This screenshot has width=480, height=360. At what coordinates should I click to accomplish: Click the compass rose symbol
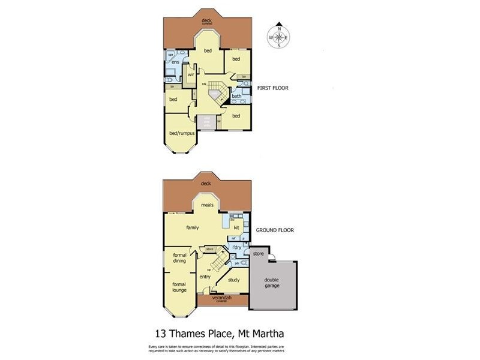coord(279,37)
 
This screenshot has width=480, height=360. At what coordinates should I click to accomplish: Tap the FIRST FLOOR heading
coord(272,88)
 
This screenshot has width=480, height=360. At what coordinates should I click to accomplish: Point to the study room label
coord(234,280)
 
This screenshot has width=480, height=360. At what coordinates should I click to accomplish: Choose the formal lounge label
coord(179,287)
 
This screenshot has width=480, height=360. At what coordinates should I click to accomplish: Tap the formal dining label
coord(179,258)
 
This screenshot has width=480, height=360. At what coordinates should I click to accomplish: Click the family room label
coord(193,228)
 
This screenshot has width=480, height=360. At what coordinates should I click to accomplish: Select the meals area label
coord(208,205)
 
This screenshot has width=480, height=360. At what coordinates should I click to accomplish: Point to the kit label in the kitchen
coord(236,227)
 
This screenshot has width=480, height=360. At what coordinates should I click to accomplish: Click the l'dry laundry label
coord(237,248)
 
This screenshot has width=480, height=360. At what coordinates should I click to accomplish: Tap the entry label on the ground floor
coord(205,277)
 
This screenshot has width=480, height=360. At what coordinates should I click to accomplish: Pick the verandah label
coord(223,298)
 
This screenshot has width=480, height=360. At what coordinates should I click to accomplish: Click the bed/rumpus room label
coord(182,133)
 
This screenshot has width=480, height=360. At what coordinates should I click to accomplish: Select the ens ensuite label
coord(175,62)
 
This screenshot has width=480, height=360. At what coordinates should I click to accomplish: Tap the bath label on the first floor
coord(236,96)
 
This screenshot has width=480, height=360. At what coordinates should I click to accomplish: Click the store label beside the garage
coord(259,254)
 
